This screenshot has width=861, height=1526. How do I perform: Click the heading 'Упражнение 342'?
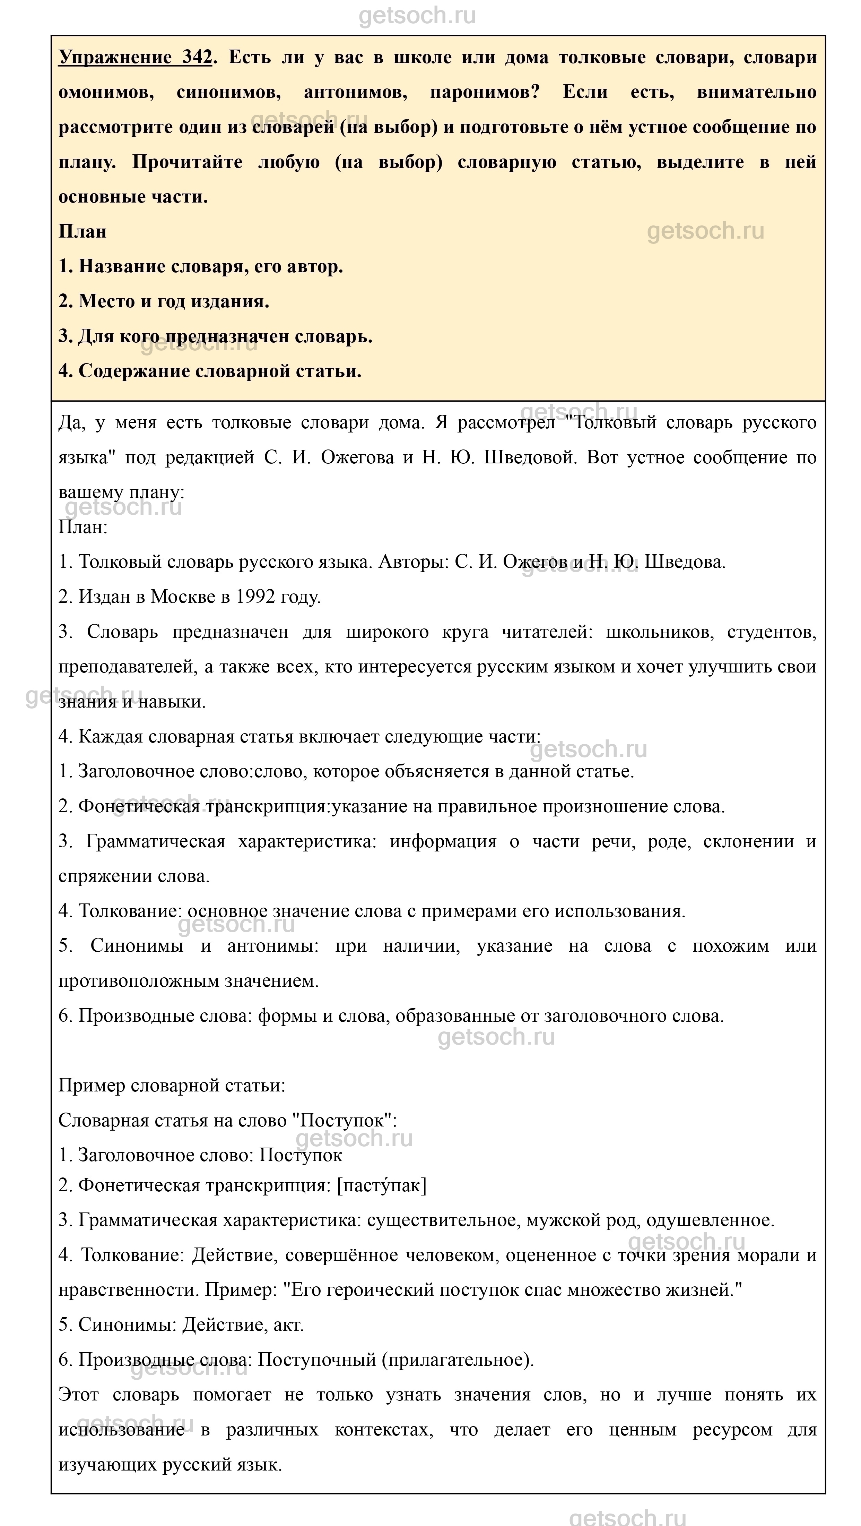(x=135, y=58)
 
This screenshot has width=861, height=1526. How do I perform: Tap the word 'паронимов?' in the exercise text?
(x=484, y=92)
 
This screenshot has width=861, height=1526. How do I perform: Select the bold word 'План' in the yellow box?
(x=82, y=232)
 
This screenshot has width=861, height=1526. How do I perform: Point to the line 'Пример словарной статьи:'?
(x=172, y=1085)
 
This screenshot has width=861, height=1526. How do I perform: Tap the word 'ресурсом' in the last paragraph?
(x=732, y=1430)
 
